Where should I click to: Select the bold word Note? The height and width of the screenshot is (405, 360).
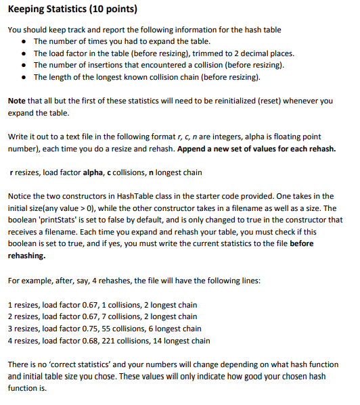click(17, 100)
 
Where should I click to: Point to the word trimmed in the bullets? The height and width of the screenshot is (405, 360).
click(202, 53)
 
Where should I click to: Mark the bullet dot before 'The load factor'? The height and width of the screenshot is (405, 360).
click(24, 54)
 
